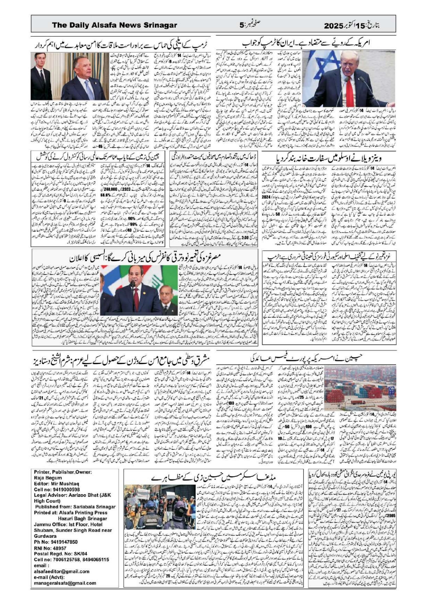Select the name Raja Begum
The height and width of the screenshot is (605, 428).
[x=48, y=478]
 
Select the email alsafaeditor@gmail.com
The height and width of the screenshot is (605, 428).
[x=62, y=571]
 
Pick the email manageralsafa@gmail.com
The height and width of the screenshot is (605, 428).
[x=65, y=583]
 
